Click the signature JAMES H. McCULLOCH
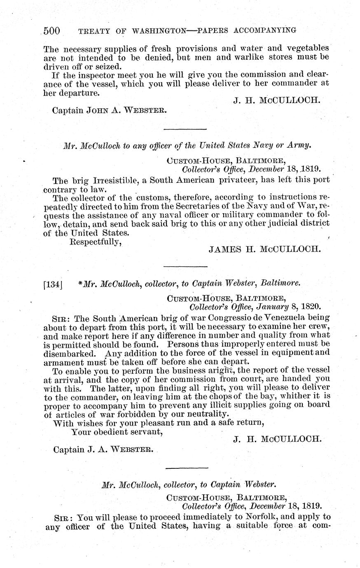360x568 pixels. click(x=264, y=249)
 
